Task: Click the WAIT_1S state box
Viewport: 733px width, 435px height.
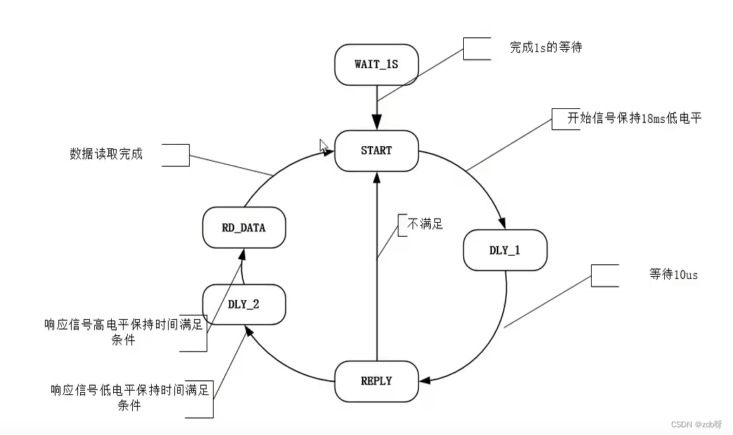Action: pos(377,65)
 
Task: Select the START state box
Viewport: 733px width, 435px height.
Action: pos(377,150)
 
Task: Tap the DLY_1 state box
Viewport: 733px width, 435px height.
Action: pos(505,250)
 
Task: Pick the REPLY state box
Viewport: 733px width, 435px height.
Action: pos(377,382)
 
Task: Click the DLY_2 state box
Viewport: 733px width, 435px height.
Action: pos(244,305)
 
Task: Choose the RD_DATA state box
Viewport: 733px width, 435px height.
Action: pos(244,228)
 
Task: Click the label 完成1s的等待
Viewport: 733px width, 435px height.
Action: pos(546,48)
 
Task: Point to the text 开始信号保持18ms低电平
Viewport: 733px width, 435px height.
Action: pos(635,118)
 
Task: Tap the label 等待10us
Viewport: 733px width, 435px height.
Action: pos(673,275)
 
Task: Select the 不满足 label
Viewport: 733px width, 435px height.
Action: pos(425,225)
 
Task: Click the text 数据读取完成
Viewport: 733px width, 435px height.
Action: pos(106,154)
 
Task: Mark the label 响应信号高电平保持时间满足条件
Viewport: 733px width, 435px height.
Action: pos(123,332)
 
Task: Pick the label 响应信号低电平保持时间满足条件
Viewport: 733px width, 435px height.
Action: pos(129,398)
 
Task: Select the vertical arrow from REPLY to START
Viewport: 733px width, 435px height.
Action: pos(377,281)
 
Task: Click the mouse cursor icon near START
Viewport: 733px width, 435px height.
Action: pos(323,146)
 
